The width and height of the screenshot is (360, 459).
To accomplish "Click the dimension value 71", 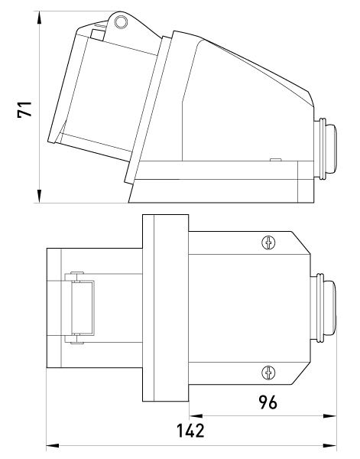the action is [24, 109].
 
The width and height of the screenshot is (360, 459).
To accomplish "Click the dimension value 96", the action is [268, 402].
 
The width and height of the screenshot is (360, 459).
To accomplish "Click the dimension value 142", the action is [190, 431].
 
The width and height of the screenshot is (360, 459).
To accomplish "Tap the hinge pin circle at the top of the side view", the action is [121, 21].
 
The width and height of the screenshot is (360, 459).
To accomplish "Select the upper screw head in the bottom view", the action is [268, 243].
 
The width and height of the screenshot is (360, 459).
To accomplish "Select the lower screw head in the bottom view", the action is [268, 373].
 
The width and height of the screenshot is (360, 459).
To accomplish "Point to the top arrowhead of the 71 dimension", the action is [39, 18].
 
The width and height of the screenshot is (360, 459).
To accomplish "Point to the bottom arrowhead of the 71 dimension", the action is [39, 196].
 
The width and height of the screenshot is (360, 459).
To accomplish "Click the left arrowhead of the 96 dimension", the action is [196, 415].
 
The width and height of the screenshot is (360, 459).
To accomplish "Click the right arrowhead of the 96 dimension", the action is [330, 415].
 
